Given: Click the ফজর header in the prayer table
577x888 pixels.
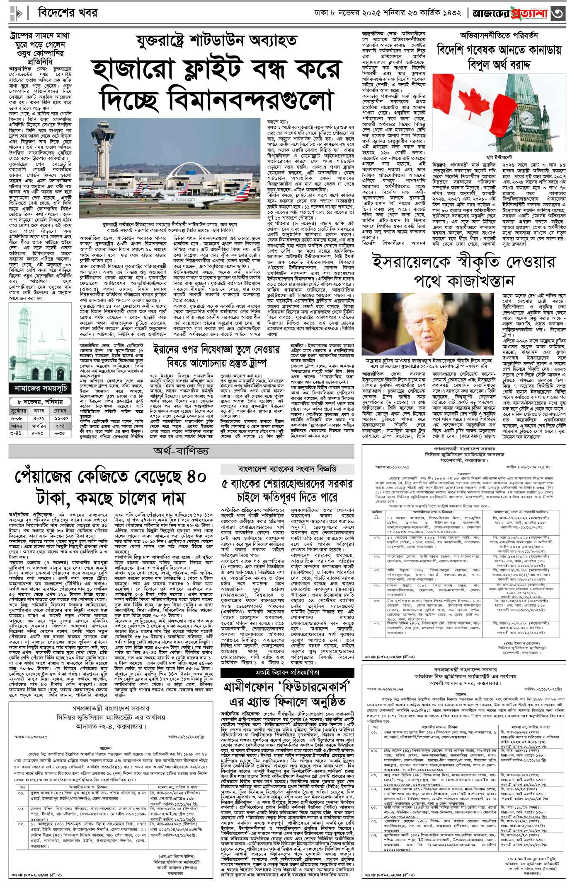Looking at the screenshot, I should click(41, 411).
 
